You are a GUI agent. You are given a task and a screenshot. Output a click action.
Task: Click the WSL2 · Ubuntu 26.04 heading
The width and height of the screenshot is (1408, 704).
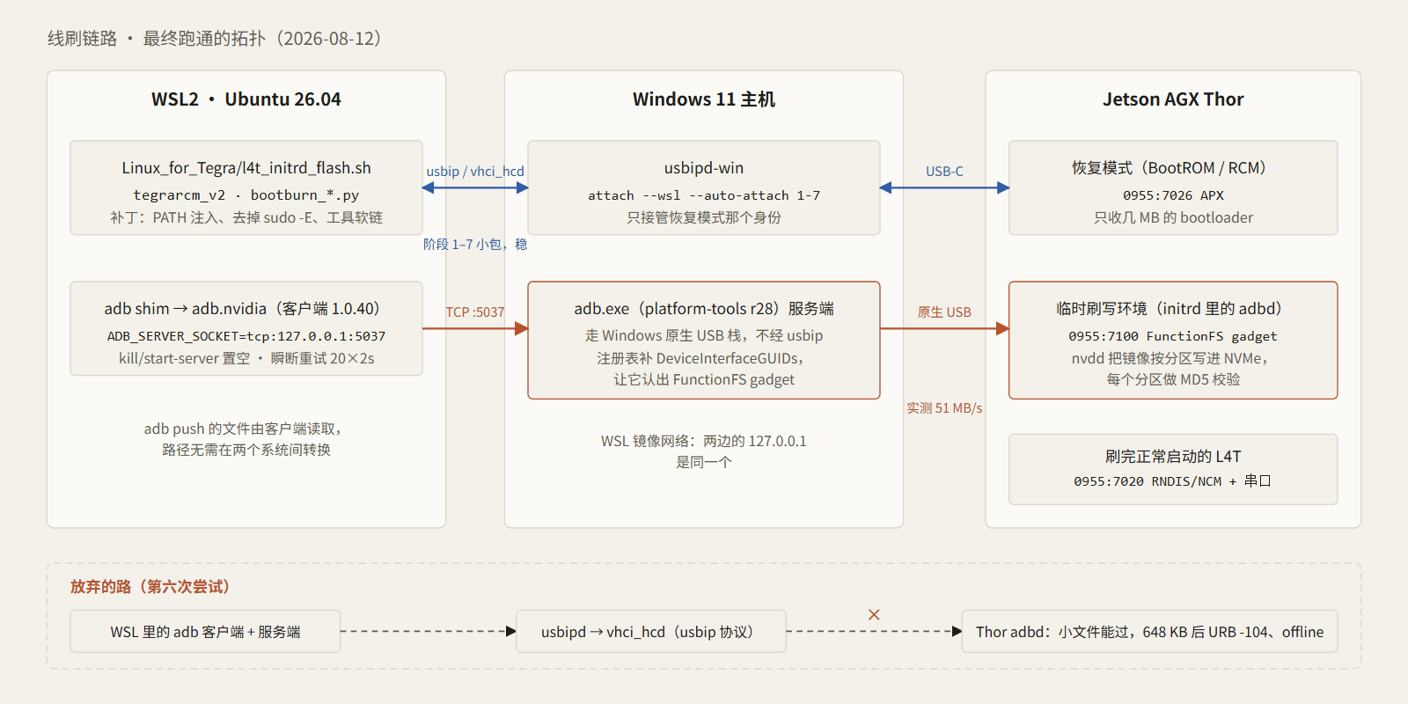(246, 99)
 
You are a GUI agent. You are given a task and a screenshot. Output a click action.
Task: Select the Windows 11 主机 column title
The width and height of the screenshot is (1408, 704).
(703, 99)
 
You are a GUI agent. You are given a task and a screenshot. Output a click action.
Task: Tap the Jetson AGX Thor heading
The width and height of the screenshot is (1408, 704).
(1173, 99)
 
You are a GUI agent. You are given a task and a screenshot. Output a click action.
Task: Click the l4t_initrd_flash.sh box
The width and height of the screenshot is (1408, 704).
(246, 187)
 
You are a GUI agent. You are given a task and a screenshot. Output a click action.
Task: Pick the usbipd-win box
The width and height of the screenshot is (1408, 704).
(703, 187)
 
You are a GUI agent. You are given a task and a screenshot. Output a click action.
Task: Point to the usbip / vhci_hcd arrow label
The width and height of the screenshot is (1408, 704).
(475, 171)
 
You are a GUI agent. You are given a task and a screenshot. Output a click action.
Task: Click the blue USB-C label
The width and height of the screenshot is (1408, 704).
(944, 171)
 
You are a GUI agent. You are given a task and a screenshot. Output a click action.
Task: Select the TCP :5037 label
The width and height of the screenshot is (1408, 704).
(475, 312)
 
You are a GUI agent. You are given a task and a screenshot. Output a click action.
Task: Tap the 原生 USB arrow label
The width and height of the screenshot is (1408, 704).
(944, 312)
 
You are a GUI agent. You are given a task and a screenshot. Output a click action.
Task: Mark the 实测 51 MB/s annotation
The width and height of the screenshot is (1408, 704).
(944, 408)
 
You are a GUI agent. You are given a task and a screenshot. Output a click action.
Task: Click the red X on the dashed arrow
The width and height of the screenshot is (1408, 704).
(874, 615)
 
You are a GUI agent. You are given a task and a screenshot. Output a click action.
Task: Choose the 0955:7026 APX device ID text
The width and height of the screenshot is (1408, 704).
(1173, 195)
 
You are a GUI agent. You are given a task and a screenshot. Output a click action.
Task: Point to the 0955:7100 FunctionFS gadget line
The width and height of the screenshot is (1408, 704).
(1173, 336)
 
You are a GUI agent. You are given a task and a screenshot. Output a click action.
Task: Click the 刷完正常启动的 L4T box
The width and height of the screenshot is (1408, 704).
(1173, 469)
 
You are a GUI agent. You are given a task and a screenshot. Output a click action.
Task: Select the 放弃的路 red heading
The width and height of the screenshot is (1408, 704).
(150, 586)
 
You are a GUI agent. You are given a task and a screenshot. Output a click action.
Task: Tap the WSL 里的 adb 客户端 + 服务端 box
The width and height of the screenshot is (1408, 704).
(206, 631)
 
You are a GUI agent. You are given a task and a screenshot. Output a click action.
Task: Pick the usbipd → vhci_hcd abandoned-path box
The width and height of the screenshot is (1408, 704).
(650, 631)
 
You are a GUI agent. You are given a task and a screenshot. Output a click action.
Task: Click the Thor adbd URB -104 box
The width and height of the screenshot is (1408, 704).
(1149, 631)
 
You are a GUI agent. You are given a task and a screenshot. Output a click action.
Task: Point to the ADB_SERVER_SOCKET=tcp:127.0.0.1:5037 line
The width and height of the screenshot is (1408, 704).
(246, 336)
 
